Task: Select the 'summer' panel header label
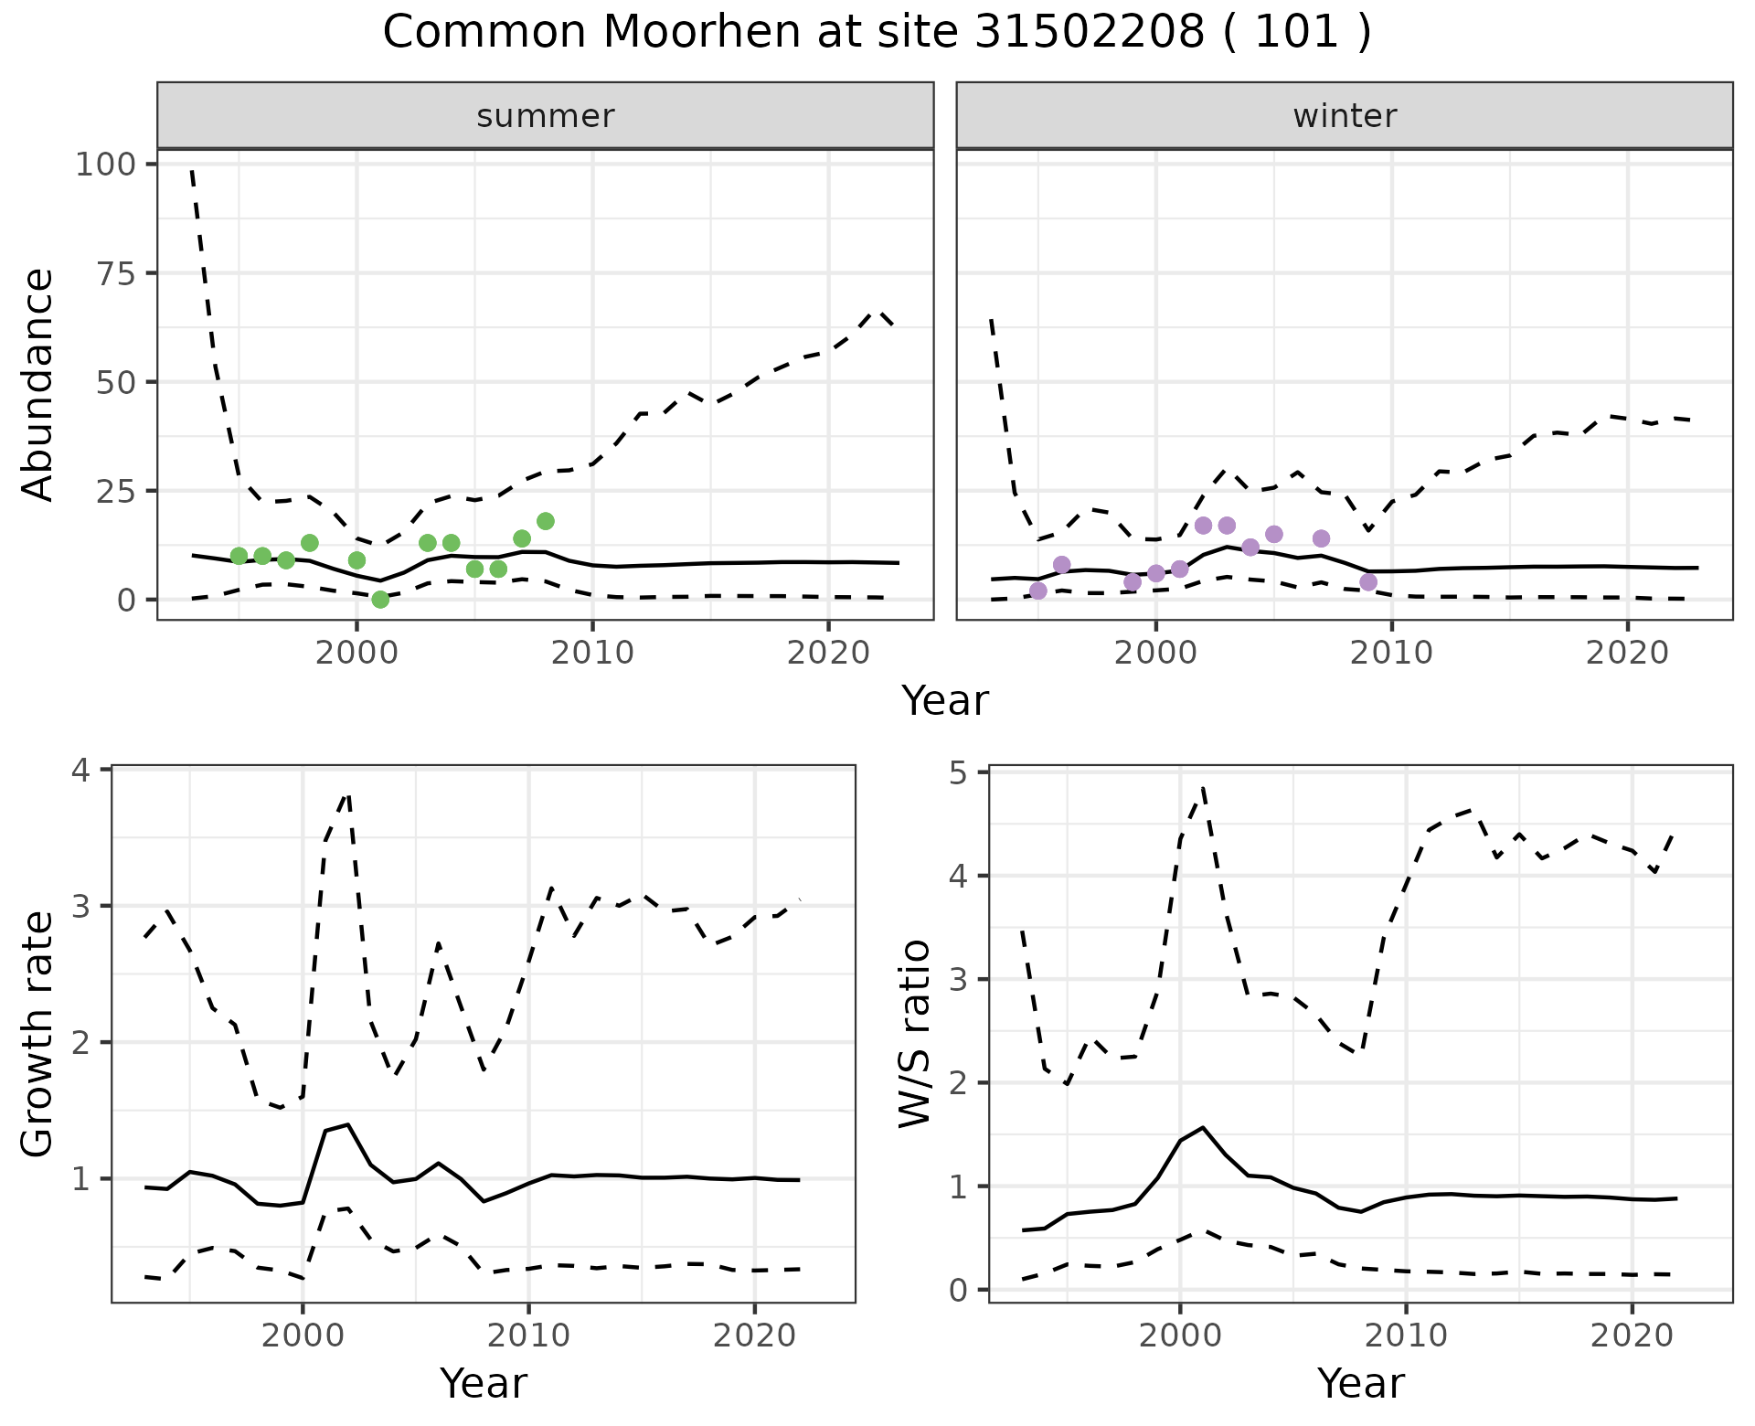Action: point(546,116)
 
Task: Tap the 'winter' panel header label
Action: point(1345,116)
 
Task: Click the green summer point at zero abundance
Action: point(380,600)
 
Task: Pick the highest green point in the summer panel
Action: point(546,521)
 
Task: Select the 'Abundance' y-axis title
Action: point(38,384)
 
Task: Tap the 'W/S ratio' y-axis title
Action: point(915,1034)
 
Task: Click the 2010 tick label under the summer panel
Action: point(592,654)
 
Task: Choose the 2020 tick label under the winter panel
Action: point(1627,654)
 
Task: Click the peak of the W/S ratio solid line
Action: point(1202,1127)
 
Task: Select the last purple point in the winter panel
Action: point(1368,582)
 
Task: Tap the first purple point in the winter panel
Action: point(1037,591)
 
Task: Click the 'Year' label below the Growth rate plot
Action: point(484,1383)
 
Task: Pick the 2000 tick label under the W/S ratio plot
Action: point(1179,1336)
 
